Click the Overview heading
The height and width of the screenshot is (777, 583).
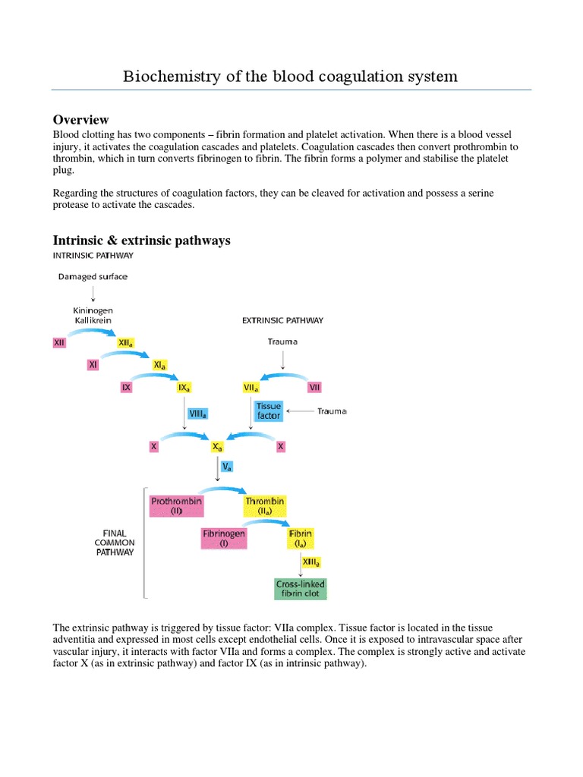[80, 120]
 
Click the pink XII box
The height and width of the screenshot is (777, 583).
[59, 343]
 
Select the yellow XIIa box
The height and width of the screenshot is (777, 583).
[127, 343]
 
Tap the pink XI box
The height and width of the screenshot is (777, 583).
[93, 365]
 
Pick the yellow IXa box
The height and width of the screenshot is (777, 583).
[183, 388]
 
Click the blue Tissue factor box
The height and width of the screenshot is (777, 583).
[269, 411]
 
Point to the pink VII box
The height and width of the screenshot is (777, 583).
[315, 388]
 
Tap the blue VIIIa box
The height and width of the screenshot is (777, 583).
[197, 414]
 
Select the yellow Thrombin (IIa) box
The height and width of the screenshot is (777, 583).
[265, 505]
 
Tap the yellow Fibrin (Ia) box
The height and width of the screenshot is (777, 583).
[301, 538]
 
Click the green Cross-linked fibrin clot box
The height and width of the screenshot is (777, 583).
[301, 589]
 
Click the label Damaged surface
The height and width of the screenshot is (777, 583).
[93, 277]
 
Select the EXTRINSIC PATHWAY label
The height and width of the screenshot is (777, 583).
[282, 320]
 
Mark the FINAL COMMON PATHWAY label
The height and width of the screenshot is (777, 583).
[115, 543]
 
